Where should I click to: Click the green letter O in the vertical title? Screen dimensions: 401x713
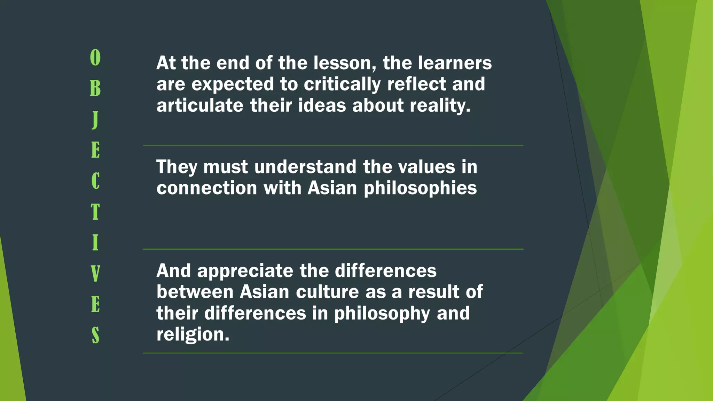click(x=95, y=57)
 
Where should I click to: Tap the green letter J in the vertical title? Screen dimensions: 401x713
click(x=95, y=119)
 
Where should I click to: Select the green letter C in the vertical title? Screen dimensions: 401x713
click(x=95, y=181)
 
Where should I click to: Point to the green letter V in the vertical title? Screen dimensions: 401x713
click(x=95, y=273)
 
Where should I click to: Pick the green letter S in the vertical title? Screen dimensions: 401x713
click(x=95, y=335)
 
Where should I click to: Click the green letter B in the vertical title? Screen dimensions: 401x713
click(x=95, y=88)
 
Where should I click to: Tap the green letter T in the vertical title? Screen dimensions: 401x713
click(x=95, y=212)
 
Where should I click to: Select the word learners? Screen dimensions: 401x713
click(x=455, y=63)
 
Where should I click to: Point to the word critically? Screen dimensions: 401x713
click(x=342, y=85)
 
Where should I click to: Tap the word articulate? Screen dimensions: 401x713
click(x=199, y=105)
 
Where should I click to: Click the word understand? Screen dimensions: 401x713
click(x=305, y=167)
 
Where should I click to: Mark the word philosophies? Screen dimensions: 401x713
click(x=420, y=188)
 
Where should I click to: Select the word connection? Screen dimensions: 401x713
click(x=207, y=188)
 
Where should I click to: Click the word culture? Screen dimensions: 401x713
click(x=327, y=292)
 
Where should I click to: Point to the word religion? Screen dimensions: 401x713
click(x=193, y=335)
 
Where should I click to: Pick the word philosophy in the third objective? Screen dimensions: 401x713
click(x=382, y=313)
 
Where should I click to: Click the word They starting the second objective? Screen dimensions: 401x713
click(x=177, y=167)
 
